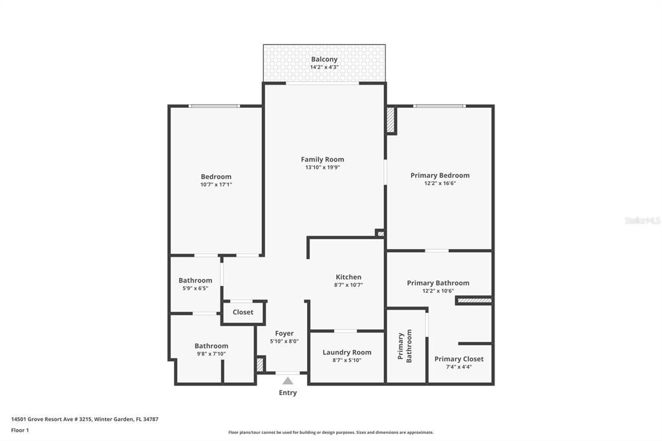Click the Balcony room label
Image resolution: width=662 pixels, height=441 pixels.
tap(324, 59)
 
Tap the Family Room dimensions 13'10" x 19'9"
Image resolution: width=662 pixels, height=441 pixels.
tap(323, 167)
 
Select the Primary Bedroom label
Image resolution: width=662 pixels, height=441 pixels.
tap(440, 175)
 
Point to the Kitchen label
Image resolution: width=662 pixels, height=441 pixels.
tap(348, 277)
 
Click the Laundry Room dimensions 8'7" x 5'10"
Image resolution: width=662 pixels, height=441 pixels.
tap(347, 360)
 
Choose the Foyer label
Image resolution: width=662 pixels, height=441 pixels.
tap(284, 333)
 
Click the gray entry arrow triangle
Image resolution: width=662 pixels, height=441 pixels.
tap(288, 381)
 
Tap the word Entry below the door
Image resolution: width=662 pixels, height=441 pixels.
tap(288, 393)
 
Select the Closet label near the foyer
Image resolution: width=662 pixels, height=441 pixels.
tap(243, 312)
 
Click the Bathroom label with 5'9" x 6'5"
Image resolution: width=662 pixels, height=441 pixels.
tap(195, 280)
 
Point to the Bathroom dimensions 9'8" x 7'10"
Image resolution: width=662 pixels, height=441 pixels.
tap(211, 354)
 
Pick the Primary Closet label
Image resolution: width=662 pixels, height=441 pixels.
tap(458, 359)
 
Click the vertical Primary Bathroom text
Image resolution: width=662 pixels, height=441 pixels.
tap(405, 346)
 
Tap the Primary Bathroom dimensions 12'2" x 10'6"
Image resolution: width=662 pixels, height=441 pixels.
tap(438, 291)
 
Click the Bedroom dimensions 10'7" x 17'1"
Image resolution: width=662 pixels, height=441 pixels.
tap(216, 185)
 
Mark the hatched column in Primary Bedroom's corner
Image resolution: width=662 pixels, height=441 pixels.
tap(390, 120)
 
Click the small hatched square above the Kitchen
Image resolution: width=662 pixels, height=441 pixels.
tap(380, 233)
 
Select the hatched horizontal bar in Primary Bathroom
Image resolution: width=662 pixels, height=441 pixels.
tap(474, 300)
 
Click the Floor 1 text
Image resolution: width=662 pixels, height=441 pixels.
tap(20, 429)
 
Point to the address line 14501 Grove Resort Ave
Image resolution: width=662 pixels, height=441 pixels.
tap(85, 419)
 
